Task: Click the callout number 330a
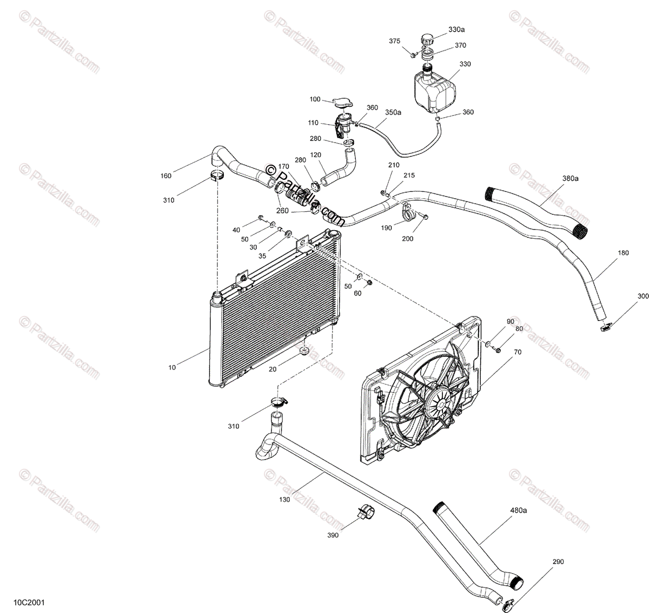pyautogui.click(x=457, y=29)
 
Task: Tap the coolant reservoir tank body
pyautogui.click(x=435, y=89)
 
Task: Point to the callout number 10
pyautogui.click(x=172, y=368)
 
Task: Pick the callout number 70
pyautogui.click(x=518, y=352)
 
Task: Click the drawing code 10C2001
pyautogui.click(x=26, y=600)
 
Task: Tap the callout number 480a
pyautogui.click(x=518, y=510)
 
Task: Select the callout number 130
pyautogui.click(x=285, y=499)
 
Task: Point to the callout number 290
pyautogui.click(x=558, y=562)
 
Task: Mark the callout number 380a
pyautogui.click(x=570, y=178)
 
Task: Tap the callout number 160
pyautogui.click(x=165, y=176)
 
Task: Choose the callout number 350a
pyautogui.click(x=393, y=112)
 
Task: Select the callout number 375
pyautogui.click(x=395, y=41)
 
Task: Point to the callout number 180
pyautogui.click(x=623, y=253)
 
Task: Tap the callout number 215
pyautogui.click(x=409, y=176)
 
